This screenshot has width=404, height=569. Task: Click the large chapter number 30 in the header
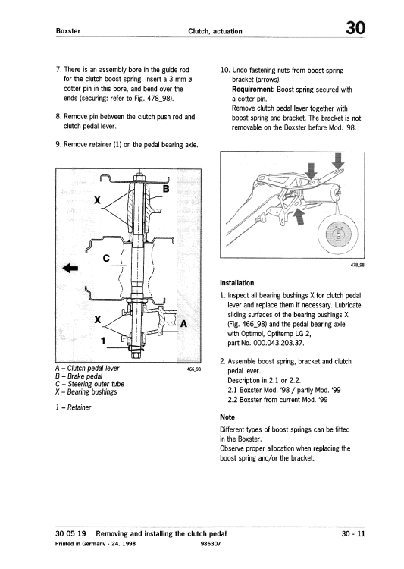coord(355,28)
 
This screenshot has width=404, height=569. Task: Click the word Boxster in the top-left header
coord(68,31)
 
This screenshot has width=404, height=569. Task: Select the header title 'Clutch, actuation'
coord(215,31)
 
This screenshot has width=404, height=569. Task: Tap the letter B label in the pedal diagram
coord(166,189)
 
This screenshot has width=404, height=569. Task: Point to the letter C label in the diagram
coord(106,259)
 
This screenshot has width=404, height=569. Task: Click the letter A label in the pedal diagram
coord(184,323)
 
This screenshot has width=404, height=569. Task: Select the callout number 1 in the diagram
coord(103,341)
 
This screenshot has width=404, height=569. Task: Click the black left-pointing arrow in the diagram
coord(70,269)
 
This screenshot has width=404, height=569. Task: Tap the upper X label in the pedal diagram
coord(97,200)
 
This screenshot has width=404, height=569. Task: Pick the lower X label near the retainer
coord(97,319)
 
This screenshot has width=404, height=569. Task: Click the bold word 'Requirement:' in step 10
coord(253,90)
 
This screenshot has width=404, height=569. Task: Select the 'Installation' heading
coord(236,283)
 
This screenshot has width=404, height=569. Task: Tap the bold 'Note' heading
coord(227,417)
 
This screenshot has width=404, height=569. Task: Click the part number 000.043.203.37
coord(279,343)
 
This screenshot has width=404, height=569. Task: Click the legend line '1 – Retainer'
coord(74,407)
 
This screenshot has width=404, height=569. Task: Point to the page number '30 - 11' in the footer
coord(353,534)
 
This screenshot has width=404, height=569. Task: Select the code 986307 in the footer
coord(211,544)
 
